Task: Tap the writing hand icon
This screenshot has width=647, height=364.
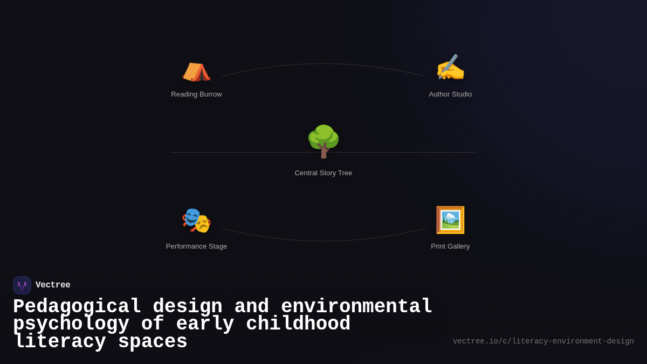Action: coord(450,68)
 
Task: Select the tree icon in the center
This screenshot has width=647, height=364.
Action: coord(323,141)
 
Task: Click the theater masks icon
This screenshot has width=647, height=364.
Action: coord(196,221)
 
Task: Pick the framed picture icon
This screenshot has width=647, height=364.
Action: coord(450,220)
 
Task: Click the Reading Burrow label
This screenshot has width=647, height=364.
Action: coord(196,94)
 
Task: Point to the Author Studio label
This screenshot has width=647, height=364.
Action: coord(450,94)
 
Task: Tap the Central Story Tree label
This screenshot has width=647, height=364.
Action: coord(323,173)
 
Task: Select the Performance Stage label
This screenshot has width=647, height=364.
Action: coord(196,246)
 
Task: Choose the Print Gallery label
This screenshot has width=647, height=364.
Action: coord(450,246)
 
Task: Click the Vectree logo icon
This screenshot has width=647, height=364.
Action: coord(22,285)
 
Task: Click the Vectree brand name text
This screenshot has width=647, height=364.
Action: coord(53,285)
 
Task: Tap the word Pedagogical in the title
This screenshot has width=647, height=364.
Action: coord(77,307)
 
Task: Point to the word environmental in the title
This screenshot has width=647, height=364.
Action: coord(356,307)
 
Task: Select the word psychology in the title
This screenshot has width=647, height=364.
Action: coord(71,324)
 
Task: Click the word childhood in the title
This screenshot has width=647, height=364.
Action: coord(298,324)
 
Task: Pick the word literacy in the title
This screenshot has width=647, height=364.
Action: coord(60,342)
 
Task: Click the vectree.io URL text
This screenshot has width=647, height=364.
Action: coord(543,341)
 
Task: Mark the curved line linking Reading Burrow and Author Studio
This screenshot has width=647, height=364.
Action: coord(323,64)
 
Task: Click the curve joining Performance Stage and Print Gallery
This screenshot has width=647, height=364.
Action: coord(323,241)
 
